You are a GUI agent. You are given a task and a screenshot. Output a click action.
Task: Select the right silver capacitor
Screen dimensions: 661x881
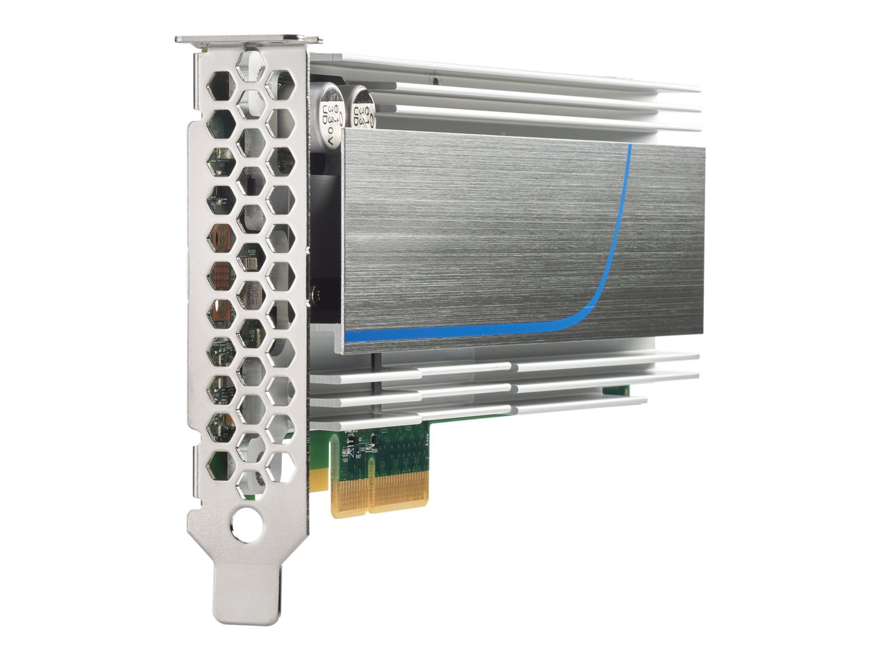tap(362, 108)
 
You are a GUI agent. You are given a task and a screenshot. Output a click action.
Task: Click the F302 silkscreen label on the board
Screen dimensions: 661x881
tap(362, 449)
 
